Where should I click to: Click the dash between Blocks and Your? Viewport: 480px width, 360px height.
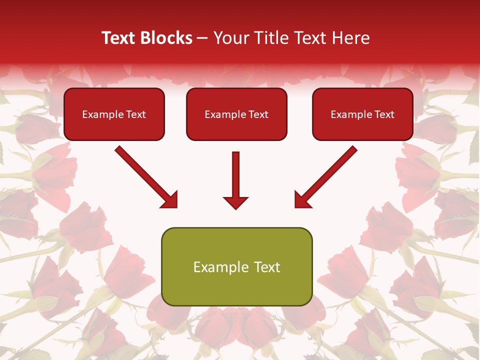tap(203, 38)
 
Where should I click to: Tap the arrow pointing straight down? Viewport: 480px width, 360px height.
tap(235, 180)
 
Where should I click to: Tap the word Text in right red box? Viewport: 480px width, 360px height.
tap(384, 114)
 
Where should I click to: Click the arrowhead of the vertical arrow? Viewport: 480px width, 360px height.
tap(235, 202)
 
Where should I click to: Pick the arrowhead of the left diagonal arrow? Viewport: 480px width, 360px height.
tap(170, 200)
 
